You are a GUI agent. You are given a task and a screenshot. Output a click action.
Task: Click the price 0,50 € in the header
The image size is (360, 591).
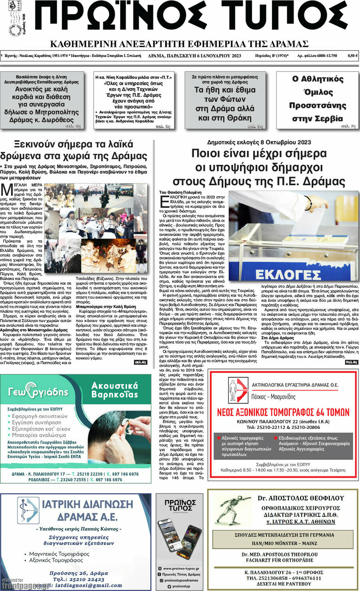point(352,56)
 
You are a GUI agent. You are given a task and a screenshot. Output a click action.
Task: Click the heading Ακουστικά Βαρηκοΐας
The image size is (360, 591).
point(114,390)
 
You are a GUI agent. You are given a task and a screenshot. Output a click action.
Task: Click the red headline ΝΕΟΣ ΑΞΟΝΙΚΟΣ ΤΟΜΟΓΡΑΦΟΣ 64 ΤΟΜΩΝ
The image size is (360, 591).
point(283,412)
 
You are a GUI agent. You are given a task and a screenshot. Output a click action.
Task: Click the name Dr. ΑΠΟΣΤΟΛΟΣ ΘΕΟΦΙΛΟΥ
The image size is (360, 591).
point(300,498)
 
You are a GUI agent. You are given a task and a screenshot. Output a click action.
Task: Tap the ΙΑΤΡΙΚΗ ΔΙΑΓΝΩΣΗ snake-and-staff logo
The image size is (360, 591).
point(28,510)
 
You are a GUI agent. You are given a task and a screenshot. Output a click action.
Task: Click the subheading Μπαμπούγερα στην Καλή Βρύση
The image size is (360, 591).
point(106,307)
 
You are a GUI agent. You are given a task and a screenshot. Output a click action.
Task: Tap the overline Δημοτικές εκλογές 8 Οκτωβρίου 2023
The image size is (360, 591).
point(259,142)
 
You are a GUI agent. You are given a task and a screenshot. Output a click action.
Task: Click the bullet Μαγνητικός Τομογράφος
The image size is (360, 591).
point(59,554)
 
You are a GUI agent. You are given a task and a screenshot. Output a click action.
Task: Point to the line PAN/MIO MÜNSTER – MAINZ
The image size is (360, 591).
point(284,543)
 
